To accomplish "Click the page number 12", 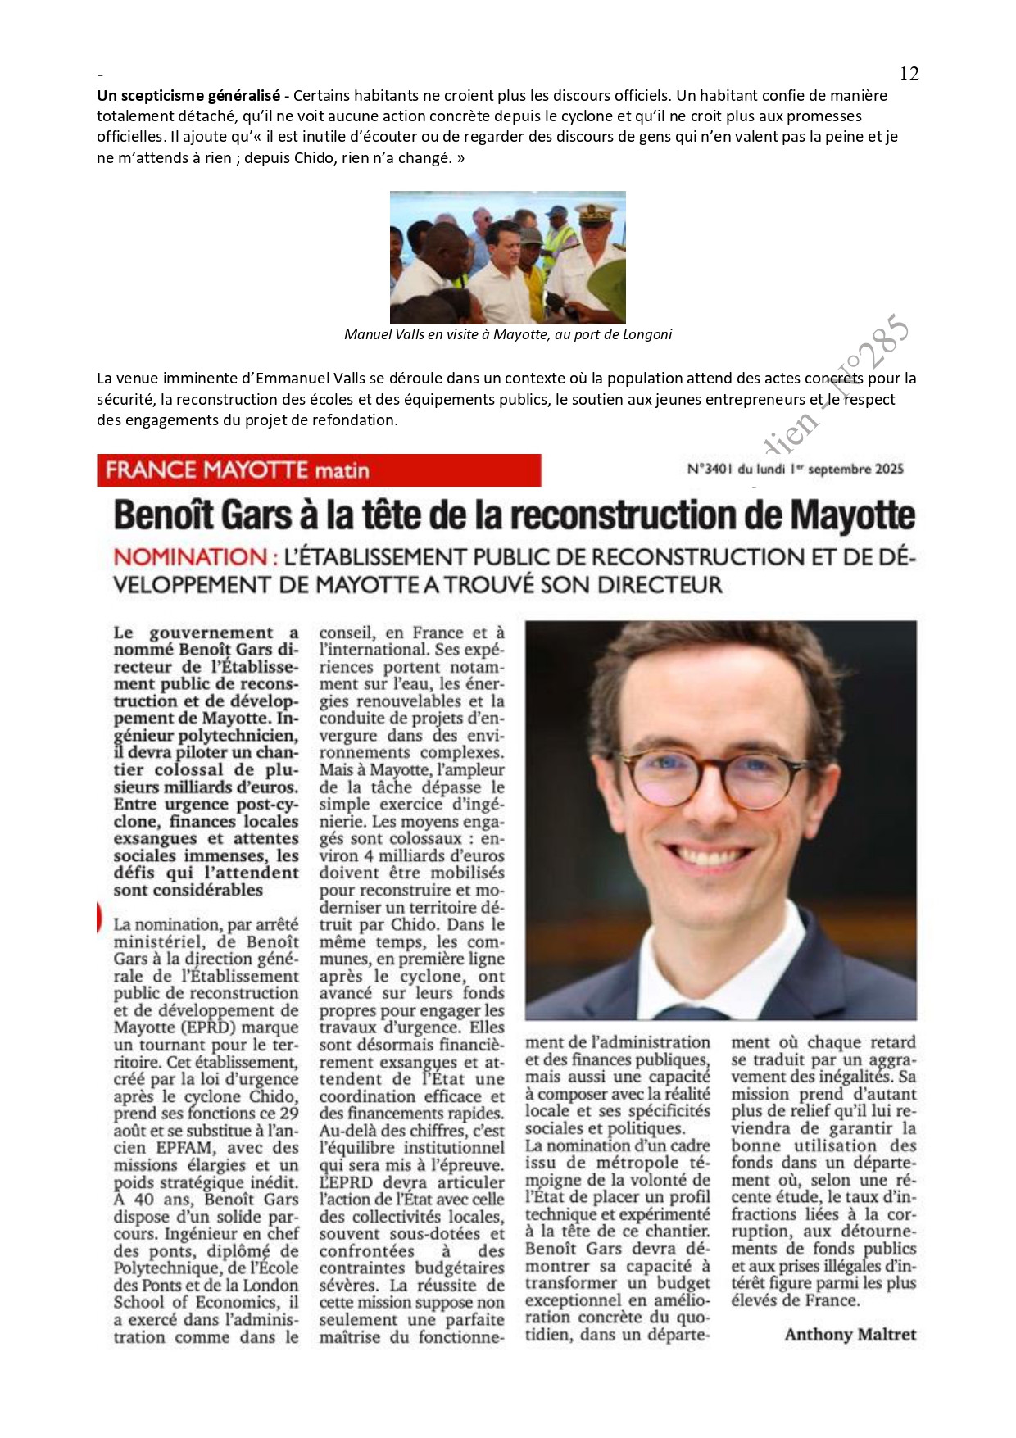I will pos(909,74).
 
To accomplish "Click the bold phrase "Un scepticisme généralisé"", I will pos(188,95).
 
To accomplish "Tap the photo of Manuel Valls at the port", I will pos(507,257).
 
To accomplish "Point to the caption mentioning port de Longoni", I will pos(507,334).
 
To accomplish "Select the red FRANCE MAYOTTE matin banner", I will pos(319,470).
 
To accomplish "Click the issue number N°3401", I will pos(710,470).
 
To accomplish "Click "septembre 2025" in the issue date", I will pos(857,470).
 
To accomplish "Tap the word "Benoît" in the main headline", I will pos(161,515).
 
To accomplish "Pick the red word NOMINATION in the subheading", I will pos(190,557).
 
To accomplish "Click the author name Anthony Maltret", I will pos(850,1335).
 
